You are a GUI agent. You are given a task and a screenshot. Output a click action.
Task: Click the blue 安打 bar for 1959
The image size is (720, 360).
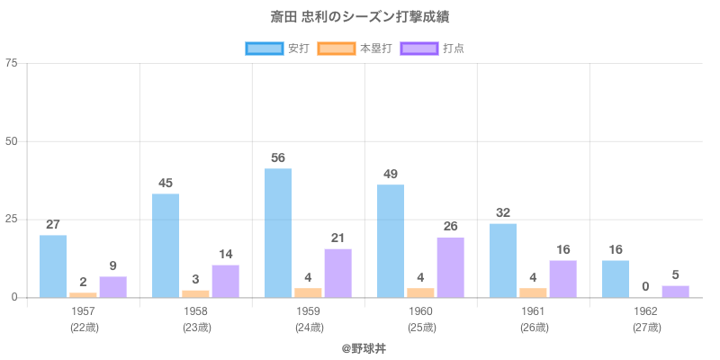point(278,233)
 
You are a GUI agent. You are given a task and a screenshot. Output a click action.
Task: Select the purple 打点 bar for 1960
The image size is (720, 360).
point(451,267)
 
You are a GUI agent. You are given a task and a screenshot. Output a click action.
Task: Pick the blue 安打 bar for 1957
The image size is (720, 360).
point(53,266)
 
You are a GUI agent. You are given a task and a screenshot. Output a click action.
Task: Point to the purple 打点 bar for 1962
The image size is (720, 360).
point(676,292)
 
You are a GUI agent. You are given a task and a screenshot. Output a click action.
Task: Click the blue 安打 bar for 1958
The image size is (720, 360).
point(166,246)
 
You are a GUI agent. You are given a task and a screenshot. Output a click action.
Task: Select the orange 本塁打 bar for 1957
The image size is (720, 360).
point(83,294)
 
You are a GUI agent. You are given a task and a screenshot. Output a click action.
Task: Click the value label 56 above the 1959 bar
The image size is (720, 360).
point(278,158)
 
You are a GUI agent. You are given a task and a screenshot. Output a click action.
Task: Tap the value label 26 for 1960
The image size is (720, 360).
point(451,227)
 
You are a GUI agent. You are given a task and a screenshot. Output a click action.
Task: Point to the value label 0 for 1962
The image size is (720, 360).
point(646,287)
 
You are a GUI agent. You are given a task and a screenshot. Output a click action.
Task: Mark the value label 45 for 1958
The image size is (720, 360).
point(166,184)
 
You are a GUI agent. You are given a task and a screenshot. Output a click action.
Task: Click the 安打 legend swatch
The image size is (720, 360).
point(264,48)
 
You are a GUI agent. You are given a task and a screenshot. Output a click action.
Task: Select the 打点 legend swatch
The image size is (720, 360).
point(419,48)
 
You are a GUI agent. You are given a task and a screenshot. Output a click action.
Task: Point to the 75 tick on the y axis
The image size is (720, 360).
point(11,63)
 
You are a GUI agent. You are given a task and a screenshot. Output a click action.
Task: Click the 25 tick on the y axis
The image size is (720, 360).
point(11,220)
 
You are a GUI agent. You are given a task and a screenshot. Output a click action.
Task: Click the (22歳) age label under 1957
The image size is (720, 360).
point(84,327)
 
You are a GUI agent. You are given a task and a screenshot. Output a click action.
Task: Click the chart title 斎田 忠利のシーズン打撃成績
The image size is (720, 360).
point(360,17)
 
